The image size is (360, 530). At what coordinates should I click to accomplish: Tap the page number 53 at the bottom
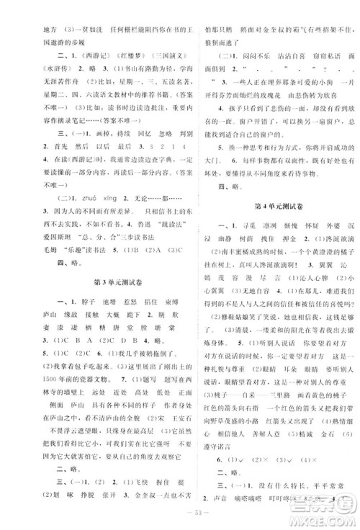coord(180,513)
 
